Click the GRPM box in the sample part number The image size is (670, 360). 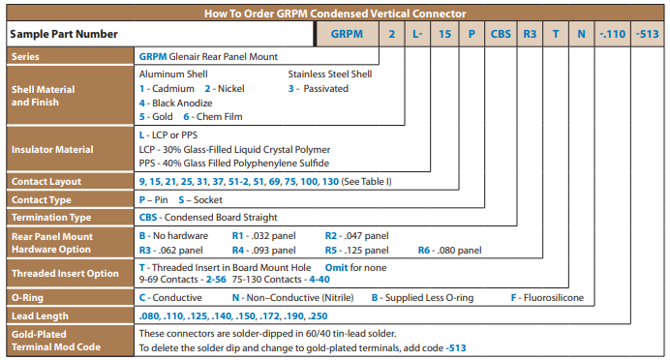pos(348,33)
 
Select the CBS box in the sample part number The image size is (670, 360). pos(501,33)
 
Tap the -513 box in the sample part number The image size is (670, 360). pos(648,33)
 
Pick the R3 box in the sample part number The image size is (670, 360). pos(530,33)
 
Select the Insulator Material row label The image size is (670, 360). pos(52,149)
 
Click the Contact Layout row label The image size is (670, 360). pos(46,181)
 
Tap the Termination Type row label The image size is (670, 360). pos(51,217)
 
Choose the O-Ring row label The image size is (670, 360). pos(28,297)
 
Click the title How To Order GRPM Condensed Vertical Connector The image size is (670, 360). pos(334,13)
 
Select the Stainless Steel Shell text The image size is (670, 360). pos(331,73)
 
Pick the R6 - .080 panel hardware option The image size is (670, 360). pos(449,249)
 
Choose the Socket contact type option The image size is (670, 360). pos(205,199)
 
